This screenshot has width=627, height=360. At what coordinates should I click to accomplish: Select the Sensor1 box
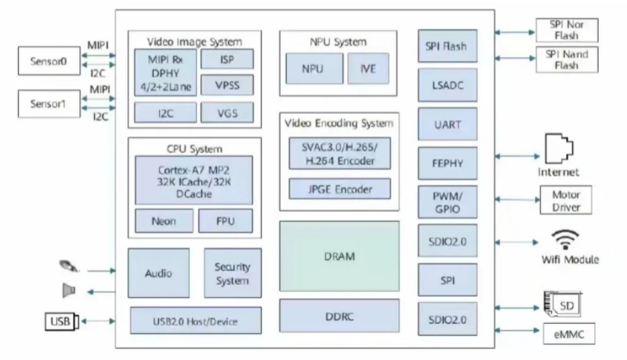[50, 104]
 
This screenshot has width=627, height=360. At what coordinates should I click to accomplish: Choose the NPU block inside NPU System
[313, 69]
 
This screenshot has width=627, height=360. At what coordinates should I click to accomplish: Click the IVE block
[368, 69]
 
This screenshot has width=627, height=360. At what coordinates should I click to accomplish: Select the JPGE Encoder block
[339, 189]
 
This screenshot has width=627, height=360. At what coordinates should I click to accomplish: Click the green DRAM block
[339, 256]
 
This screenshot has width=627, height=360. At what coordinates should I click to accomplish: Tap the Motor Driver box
[566, 201]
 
